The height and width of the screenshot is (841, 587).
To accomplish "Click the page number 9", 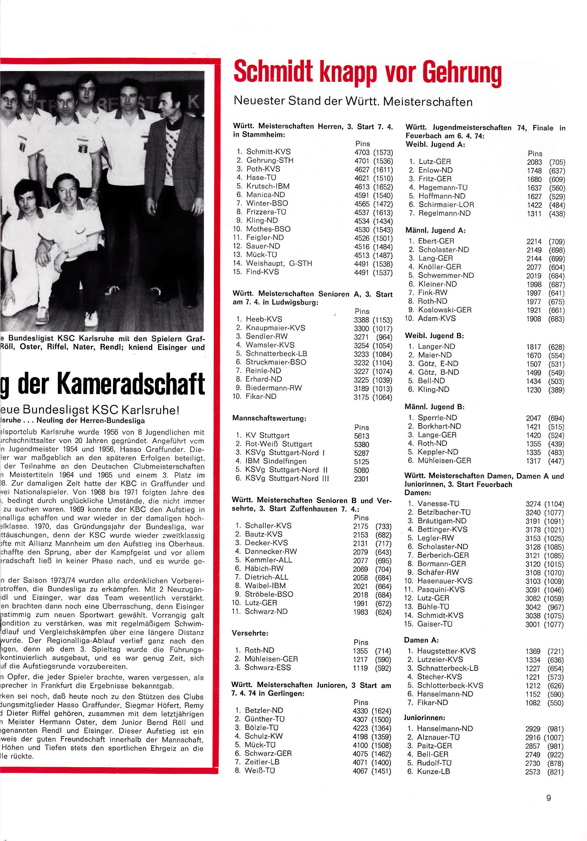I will pyautogui.click(x=548, y=798).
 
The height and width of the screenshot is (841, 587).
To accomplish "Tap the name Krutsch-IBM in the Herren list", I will pyautogui.click(x=268, y=186).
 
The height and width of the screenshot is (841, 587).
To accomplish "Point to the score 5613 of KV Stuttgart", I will pyautogui.click(x=362, y=436).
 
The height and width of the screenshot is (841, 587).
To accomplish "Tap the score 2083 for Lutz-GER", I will pyautogui.click(x=534, y=162).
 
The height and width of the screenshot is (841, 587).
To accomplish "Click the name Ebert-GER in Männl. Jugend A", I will pyautogui.click(x=436, y=241).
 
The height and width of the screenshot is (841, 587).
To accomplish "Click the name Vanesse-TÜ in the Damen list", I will pyautogui.click(x=438, y=504).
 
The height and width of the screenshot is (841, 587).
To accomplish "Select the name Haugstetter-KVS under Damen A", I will pyautogui.click(x=446, y=651).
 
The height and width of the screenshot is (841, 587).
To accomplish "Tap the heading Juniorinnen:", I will pyautogui.click(x=424, y=718).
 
